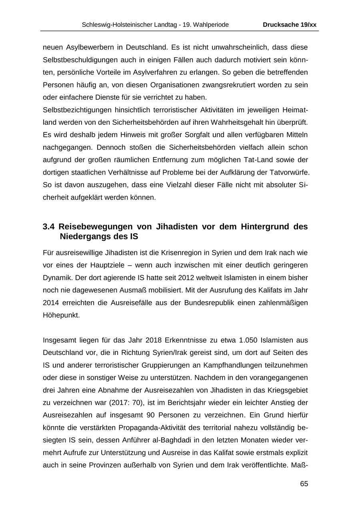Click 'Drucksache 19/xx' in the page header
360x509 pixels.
(290, 25)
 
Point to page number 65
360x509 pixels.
(304, 484)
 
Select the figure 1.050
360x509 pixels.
(248, 341)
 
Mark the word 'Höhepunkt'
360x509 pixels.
(61, 315)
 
